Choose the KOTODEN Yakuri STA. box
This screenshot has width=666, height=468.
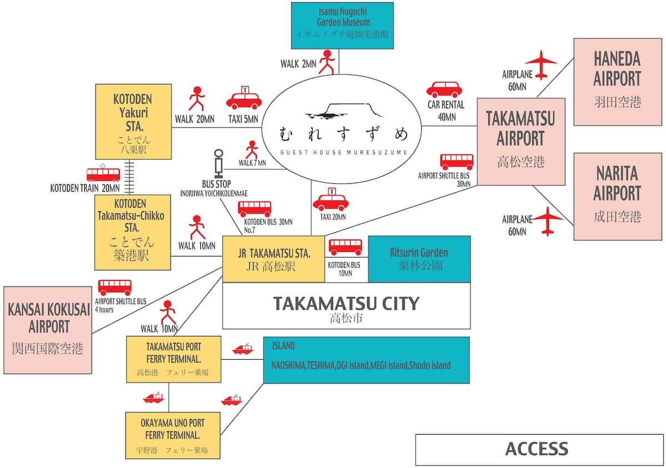(133, 122)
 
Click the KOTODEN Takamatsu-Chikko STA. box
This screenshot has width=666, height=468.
(133, 232)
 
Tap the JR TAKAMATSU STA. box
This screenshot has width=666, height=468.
(274, 259)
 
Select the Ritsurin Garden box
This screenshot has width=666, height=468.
(419, 259)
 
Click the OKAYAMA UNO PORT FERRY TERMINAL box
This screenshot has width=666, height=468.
(173, 434)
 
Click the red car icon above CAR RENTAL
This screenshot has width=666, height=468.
(443, 89)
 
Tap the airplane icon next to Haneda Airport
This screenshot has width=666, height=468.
(540, 62)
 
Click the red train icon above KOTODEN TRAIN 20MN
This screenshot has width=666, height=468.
(103, 174)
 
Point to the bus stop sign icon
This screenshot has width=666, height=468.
(219, 163)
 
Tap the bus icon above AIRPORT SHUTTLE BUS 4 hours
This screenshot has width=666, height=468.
(115, 287)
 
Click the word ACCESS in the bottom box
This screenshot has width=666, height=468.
(536, 449)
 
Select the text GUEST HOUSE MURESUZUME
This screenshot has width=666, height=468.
(344, 152)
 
